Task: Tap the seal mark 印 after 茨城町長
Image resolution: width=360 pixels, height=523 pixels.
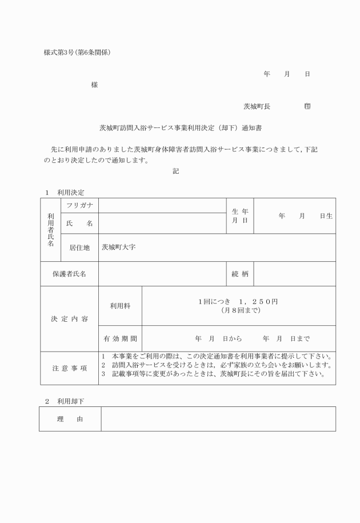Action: click(x=307, y=106)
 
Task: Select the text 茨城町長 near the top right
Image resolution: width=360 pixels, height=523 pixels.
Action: click(x=257, y=106)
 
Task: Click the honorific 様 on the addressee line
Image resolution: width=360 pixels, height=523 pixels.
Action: click(x=94, y=85)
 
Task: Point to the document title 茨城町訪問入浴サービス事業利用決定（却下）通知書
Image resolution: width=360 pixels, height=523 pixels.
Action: click(x=181, y=128)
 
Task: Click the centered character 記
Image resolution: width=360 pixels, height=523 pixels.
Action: click(x=175, y=171)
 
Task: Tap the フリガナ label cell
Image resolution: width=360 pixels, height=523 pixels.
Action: click(x=79, y=205)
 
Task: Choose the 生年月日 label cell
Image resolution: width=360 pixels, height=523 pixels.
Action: click(x=239, y=215)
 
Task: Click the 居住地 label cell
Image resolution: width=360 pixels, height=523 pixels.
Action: click(x=79, y=247)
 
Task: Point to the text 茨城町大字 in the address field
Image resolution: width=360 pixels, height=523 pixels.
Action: click(x=118, y=247)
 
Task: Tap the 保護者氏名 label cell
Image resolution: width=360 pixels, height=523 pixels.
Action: click(x=69, y=274)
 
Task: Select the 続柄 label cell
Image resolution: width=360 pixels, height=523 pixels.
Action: click(x=239, y=274)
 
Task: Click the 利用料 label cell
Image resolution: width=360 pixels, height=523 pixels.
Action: click(x=120, y=306)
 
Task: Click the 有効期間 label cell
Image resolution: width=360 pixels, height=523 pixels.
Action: click(x=120, y=338)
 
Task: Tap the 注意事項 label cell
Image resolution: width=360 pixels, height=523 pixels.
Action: click(x=69, y=368)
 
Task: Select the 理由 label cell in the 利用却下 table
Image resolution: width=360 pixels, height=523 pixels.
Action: click(x=70, y=419)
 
